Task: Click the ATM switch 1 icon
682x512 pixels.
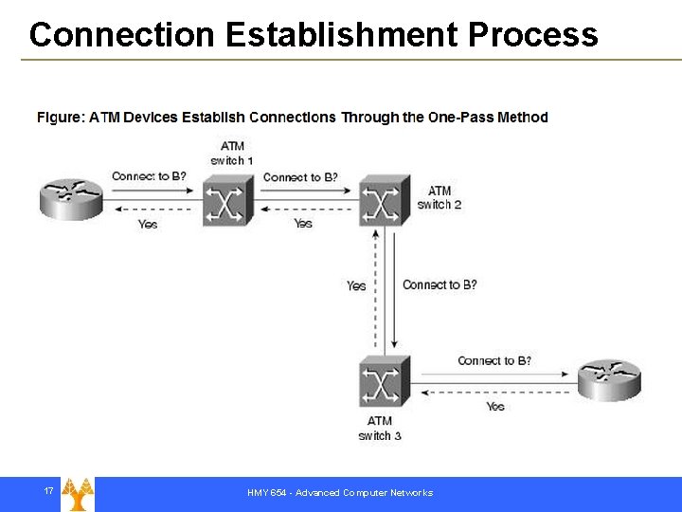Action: [228, 199]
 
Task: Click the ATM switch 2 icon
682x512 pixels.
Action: [385, 199]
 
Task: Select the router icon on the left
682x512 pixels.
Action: [71, 196]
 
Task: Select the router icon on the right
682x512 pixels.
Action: [610, 380]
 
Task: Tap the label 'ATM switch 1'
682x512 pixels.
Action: [232, 153]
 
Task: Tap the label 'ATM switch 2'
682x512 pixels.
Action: [440, 197]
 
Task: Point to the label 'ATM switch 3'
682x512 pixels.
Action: [380, 428]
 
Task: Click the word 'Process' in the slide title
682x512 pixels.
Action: [532, 35]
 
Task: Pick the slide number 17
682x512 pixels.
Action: [48, 491]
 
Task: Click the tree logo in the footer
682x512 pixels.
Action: [78, 494]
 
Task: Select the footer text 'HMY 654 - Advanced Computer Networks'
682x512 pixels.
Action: [340, 493]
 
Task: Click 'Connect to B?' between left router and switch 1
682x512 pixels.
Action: [149, 176]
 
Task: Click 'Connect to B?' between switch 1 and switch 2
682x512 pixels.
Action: [300, 177]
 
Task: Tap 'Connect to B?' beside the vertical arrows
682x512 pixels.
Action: [440, 285]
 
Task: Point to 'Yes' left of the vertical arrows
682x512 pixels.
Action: [356, 285]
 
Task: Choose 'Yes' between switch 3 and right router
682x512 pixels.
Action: [495, 406]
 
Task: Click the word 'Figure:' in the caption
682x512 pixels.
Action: [60, 118]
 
